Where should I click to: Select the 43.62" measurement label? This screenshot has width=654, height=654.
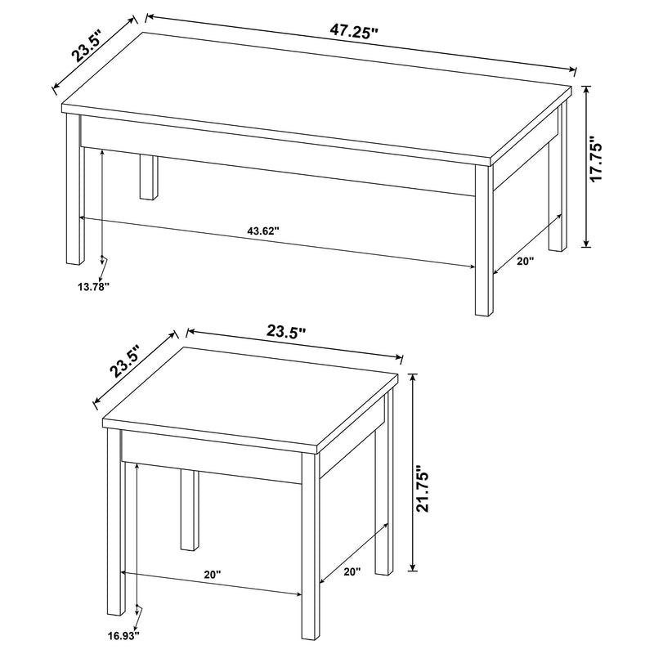[262, 231]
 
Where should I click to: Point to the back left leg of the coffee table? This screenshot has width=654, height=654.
[147, 175]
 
